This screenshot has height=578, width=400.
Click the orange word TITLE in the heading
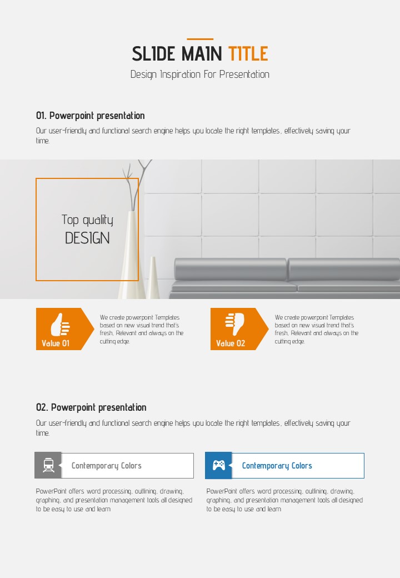(248, 54)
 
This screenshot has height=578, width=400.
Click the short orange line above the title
(200, 39)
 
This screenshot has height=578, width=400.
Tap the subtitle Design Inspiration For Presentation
(200, 74)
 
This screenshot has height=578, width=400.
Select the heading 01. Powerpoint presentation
(90, 116)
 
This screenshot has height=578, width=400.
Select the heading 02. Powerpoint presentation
(91, 407)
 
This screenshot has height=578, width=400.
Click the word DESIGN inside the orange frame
(87, 238)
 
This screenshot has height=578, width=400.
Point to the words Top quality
(87, 220)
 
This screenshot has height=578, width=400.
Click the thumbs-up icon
(60, 325)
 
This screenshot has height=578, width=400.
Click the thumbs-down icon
(235, 325)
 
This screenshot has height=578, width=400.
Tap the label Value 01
(56, 343)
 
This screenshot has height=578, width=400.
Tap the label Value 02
(231, 343)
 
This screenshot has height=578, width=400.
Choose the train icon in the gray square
(48, 465)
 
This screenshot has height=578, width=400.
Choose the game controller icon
(219, 465)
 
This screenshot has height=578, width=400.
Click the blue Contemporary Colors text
(277, 466)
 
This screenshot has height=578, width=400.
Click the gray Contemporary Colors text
(107, 466)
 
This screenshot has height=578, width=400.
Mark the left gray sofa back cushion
(231, 269)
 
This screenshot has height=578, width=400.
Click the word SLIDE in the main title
(153, 54)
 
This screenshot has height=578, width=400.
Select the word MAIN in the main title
(202, 54)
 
